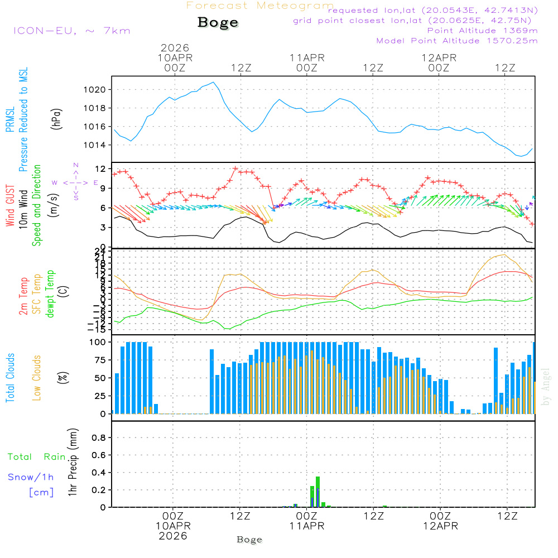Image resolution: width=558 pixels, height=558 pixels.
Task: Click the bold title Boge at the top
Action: click(x=218, y=23)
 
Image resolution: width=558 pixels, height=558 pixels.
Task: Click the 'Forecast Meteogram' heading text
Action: click(x=259, y=6)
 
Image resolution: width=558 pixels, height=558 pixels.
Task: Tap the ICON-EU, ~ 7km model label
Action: click(x=71, y=30)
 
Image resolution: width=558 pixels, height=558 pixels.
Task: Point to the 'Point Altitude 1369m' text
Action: click(x=482, y=30)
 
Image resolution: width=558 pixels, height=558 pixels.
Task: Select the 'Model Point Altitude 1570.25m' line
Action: click(x=457, y=41)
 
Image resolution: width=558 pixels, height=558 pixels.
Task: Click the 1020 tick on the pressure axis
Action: click(x=98, y=90)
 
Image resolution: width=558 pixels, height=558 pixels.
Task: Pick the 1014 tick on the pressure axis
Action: click(x=98, y=145)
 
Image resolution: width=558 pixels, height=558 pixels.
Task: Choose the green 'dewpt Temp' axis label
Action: click(x=50, y=295)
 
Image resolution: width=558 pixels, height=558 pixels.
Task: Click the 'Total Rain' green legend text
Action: click(x=36, y=457)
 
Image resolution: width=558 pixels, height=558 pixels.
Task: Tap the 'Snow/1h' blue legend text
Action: click(x=31, y=477)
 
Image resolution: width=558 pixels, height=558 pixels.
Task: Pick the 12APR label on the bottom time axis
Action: click(x=440, y=526)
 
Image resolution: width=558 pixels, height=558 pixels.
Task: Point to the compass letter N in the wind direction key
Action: click(x=76, y=166)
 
